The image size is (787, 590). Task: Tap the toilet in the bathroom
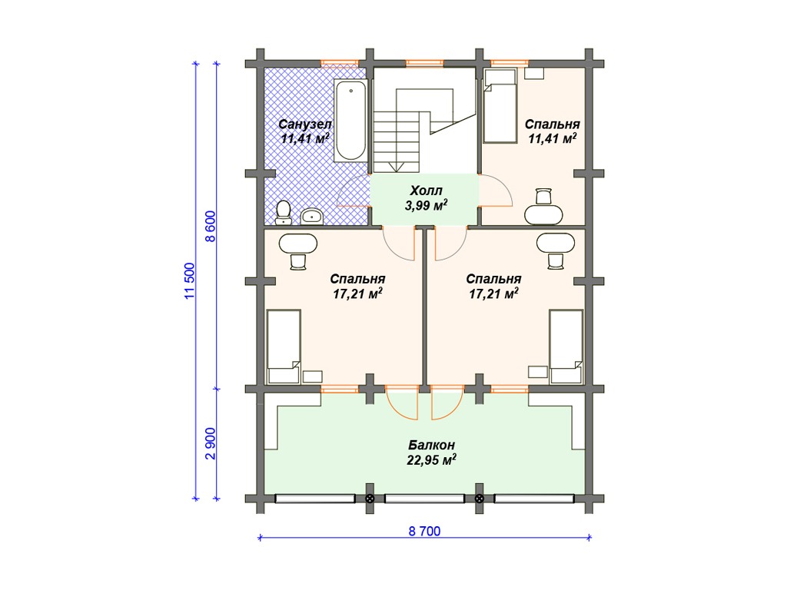[284, 212]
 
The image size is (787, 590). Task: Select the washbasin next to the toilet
[312, 216]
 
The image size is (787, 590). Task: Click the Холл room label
[426, 191]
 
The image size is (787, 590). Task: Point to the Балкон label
[432, 445]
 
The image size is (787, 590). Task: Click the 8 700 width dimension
[424, 532]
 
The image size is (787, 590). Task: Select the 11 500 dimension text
[190, 281]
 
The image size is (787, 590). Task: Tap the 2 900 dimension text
[211, 443]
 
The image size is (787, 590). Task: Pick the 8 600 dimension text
[211, 227]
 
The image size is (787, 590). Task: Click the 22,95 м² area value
[432, 460]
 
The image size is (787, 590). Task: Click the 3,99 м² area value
[426, 205]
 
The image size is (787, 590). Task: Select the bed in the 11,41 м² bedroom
[500, 106]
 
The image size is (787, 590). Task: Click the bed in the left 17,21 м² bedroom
[284, 346]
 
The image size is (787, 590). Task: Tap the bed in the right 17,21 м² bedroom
[566, 346]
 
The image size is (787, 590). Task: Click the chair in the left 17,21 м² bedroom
[298, 261]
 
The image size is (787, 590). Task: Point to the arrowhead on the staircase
[396, 167]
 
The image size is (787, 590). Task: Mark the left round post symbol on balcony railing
[370, 499]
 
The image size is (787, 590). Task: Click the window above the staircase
[424, 63]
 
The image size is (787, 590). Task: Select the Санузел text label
[304, 124]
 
